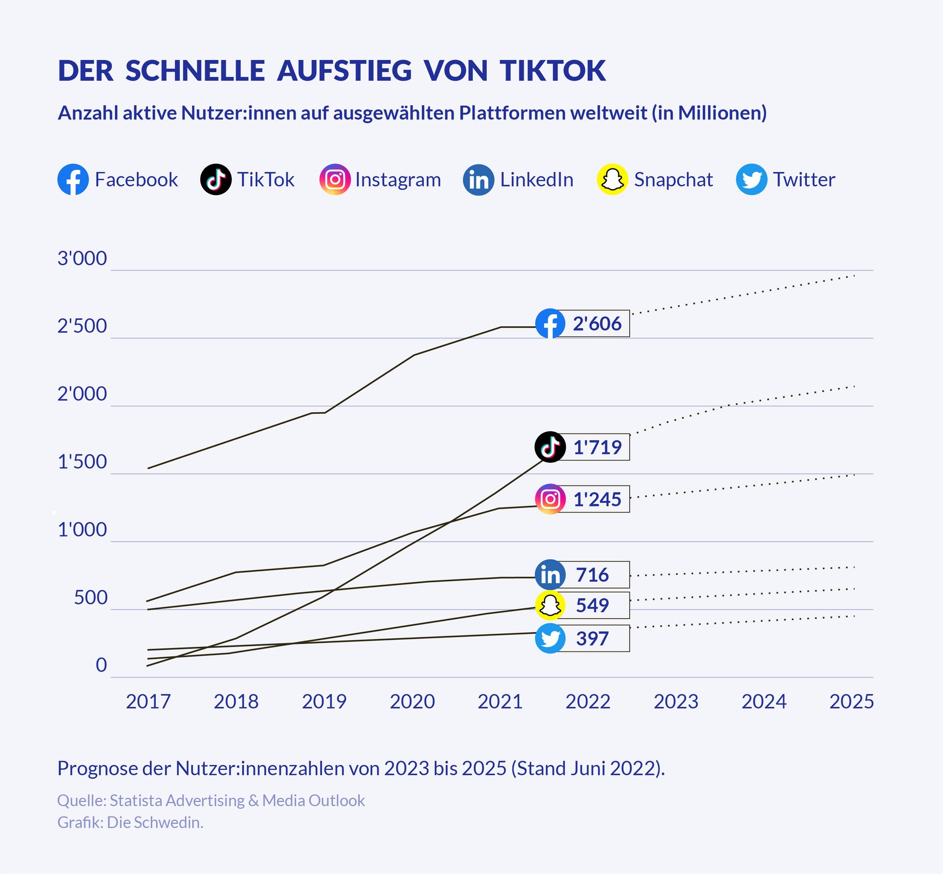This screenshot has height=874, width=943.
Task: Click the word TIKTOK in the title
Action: click(x=553, y=71)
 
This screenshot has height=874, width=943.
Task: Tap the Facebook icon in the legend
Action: click(x=73, y=179)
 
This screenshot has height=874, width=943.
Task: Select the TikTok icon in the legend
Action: click(x=216, y=179)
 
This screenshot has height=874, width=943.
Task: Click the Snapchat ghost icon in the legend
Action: click(x=612, y=179)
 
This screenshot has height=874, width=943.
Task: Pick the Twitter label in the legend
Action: click(x=804, y=179)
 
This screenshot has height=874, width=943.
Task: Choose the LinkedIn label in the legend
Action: click(x=536, y=179)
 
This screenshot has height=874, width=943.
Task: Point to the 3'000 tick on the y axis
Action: click(x=82, y=258)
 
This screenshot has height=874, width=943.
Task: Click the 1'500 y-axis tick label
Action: click(x=82, y=462)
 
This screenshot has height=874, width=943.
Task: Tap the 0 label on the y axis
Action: click(x=101, y=665)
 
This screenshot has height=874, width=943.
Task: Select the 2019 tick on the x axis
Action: click(x=324, y=702)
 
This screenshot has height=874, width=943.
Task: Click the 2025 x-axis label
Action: click(x=852, y=702)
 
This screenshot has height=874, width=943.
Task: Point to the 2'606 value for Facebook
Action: click(x=597, y=324)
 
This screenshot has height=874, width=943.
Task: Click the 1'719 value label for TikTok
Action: click(x=597, y=447)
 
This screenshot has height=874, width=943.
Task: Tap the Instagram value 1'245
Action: click(x=597, y=499)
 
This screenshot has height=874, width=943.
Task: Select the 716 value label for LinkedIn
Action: click(x=592, y=575)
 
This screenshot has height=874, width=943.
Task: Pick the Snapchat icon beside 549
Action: click(x=550, y=605)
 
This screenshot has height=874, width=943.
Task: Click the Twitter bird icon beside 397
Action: click(x=550, y=639)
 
